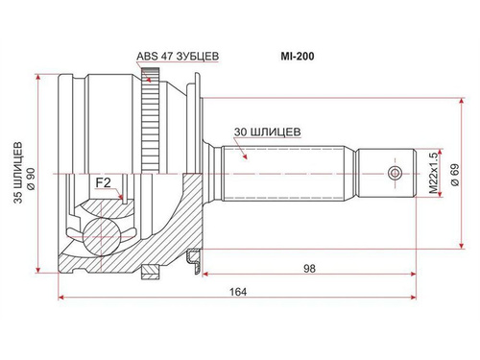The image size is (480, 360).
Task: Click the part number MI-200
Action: point(298,57)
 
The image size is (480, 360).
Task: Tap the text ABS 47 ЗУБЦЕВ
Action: point(178,56)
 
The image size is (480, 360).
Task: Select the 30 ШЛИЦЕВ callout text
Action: point(267,132)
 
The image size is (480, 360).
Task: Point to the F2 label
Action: point(104,182)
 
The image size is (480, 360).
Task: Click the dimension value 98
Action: point(309,269)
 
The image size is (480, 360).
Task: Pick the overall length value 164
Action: point(238,292)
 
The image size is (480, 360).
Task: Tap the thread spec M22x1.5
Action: point(433,173)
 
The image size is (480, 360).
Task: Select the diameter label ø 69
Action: point(455,175)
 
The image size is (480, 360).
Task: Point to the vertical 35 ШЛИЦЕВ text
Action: point(18,173)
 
